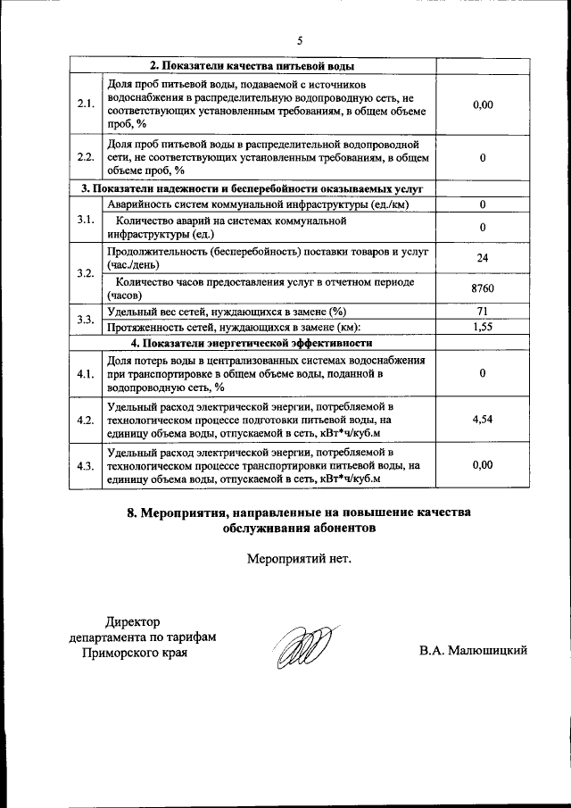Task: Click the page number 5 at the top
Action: pos(300,40)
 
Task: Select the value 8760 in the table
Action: pos(482,288)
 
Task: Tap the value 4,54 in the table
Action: pos(482,418)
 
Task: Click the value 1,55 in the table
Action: pos(482,328)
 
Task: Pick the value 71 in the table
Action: pos(482,312)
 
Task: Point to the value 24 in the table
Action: pos(482,258)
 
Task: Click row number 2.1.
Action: pos(87,104)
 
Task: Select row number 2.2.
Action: pos(87,157)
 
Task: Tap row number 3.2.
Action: pos(87,273)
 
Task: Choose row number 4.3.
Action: pos(87,465)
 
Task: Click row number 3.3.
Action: pos(87,320)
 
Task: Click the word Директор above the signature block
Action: pos(130,621)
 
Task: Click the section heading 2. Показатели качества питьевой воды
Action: pos(252,66)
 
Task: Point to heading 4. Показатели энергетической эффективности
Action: pos(252,343)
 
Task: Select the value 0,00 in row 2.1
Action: pos(482,104)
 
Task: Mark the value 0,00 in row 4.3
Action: pos(482,465)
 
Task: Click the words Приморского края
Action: pos(135,653)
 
